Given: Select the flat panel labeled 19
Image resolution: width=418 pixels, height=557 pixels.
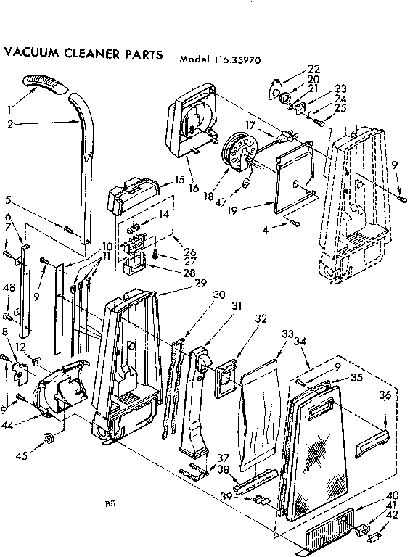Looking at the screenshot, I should coord(295,177).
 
